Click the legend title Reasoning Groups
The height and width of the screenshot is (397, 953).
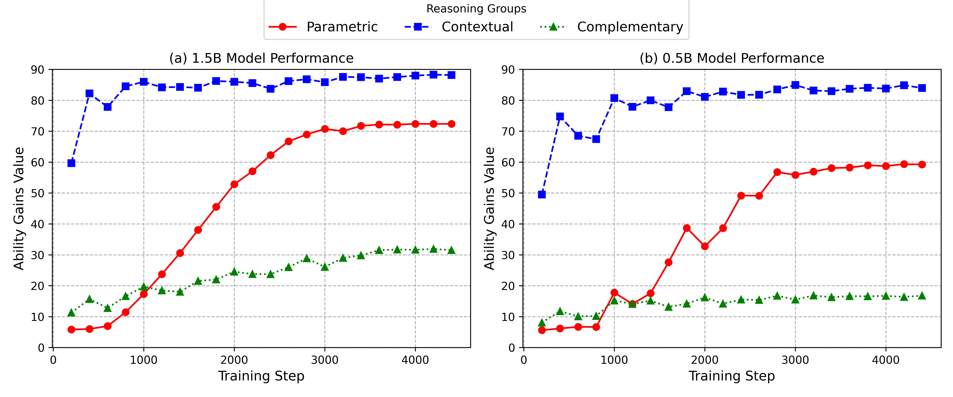(476, 8)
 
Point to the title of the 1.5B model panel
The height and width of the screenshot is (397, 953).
(261, 58)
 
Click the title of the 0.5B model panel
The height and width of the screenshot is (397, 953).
(732, 58)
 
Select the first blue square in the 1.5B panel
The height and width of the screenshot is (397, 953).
(71, 163)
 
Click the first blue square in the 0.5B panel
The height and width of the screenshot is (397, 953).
(542, 194)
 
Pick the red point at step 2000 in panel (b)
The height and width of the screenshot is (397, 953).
(705, 246)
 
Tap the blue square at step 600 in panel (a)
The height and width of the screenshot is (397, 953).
(108, 107)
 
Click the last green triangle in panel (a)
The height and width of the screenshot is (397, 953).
(451, 251)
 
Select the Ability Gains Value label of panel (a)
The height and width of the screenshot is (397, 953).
(19, 208)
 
